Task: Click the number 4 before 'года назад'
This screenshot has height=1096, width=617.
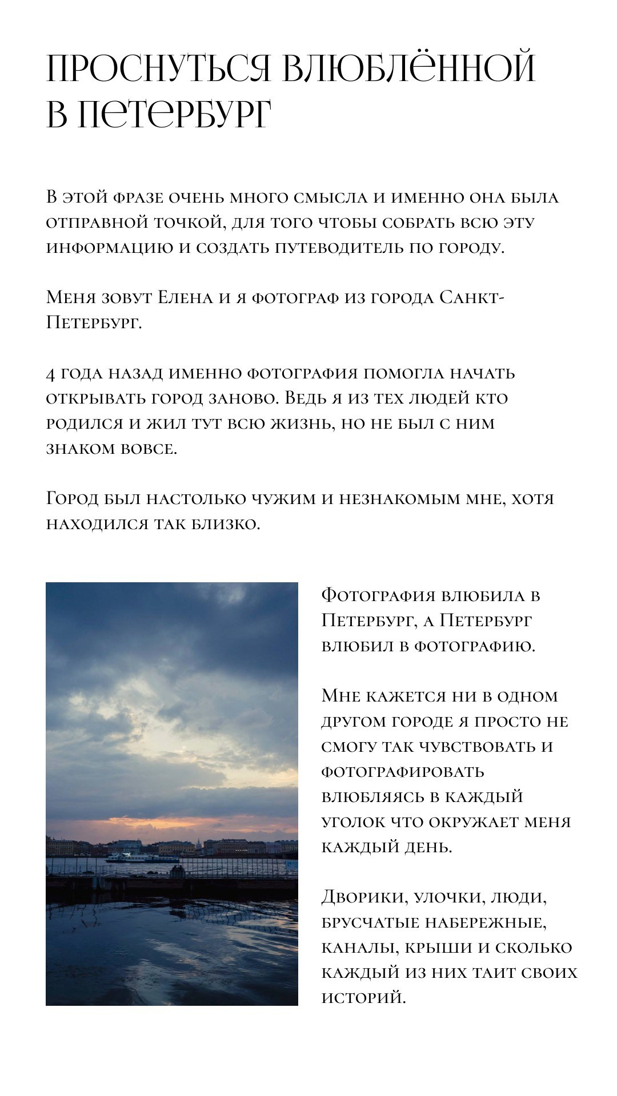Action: click(x=50, y=374)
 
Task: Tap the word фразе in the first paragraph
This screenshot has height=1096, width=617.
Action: click(x=141, y=198)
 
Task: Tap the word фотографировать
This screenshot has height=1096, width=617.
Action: click(x=403, y=772)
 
